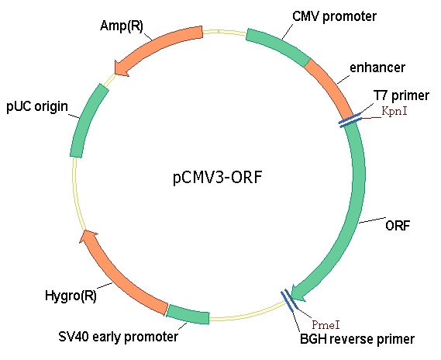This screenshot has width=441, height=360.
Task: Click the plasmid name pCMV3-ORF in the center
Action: (x=218, y=178)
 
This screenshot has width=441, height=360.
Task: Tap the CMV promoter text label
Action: (x=334, y=16)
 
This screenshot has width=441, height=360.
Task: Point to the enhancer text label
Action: (x=377, y=67)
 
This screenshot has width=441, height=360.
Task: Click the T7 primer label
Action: (x=401, y=95)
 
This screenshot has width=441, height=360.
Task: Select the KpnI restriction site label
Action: (x=394, y=111)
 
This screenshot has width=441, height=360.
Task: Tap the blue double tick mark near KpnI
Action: (x=350, y=120)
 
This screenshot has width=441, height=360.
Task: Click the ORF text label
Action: (x=398, y=226)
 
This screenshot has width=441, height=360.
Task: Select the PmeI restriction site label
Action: (x=326, y=325)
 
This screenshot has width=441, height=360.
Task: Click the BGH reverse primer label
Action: (x=357, y=339)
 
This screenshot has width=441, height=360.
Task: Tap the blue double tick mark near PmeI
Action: (x=288, y=299)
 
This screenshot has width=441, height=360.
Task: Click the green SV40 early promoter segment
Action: (x=188, y=314)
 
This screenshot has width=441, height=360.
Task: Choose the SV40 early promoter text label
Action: (x=118, y=337)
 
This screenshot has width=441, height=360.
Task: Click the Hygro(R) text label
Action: (x=71, y=296)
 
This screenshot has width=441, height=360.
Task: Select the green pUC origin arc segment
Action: (x=88, y=120)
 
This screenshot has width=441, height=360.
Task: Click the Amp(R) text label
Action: (x=122, y=26)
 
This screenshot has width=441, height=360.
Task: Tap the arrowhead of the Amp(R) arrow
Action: (x=121, y=68)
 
